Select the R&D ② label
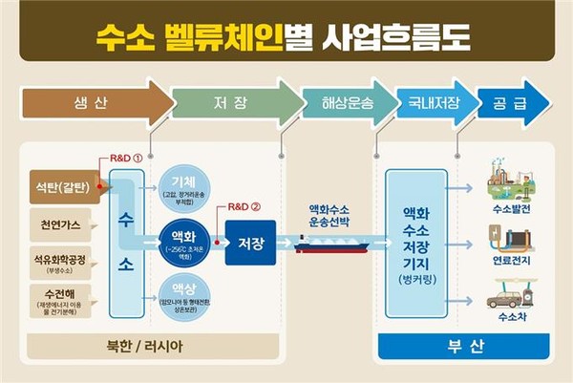click(243, 205)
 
